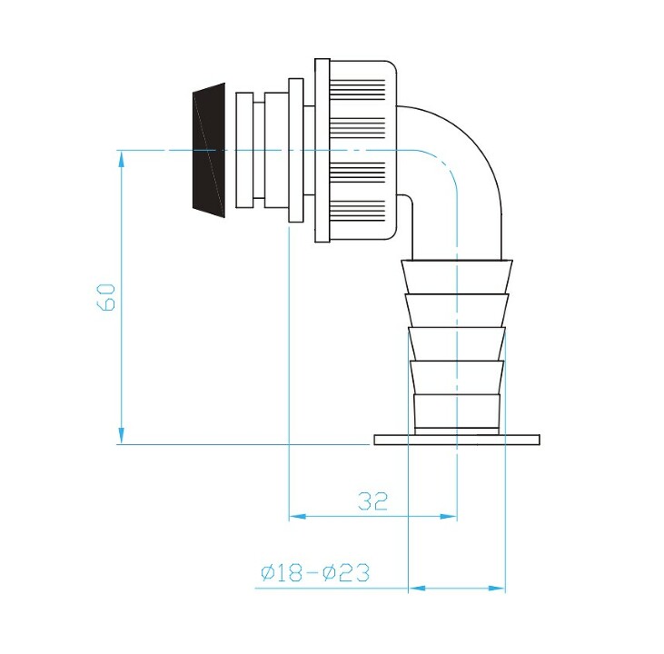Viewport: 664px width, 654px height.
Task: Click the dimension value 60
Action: click(105, 297)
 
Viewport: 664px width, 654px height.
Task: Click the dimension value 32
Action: click(372, 501)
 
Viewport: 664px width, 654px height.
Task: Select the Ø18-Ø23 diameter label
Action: click(315, 573)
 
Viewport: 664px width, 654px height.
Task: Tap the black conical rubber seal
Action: click(209, 151)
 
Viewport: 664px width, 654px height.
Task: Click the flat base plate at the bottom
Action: click(457, 440)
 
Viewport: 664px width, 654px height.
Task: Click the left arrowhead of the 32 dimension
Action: click(297, 517)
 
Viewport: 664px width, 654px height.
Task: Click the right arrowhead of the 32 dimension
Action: click(449, 517)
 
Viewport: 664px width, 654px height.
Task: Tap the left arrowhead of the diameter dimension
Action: click(417, 589)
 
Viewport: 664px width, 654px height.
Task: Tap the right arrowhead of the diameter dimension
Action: click(497, 589)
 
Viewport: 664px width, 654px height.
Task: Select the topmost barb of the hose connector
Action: click(457, 277)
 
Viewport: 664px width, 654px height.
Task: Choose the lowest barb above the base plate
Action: click(457, 411)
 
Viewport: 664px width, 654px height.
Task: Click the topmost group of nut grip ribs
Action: click(358, 90)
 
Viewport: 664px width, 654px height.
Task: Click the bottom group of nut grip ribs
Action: click(358, 211)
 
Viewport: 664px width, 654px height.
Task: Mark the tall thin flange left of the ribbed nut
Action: click(322, 151)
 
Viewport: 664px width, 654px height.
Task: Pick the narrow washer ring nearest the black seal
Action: click(244, 151)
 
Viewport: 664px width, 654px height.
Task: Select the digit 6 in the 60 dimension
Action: click(105, 305)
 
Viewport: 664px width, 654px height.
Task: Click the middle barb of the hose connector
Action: click(457, 344)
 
